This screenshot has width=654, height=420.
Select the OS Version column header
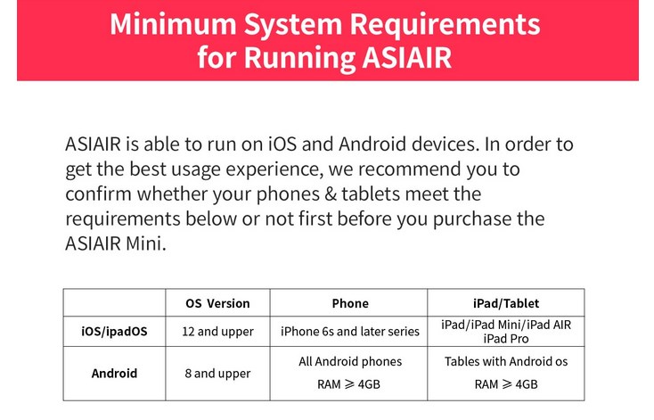(217, 303)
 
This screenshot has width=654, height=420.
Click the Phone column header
(350, 303)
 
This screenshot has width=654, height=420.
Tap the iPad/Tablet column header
(506, 303)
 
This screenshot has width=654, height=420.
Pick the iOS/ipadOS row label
(115, 332)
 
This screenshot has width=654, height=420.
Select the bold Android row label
(115, 373)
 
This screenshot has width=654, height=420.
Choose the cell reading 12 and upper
(217, 332)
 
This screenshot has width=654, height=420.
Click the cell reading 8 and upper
(217, 373)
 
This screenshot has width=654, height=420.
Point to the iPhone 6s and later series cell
(350, 332)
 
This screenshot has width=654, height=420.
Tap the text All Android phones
(350, 361)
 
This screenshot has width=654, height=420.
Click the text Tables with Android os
(506, 361)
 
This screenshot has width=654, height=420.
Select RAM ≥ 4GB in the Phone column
(350, 384)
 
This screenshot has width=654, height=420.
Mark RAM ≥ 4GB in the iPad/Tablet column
(506, 384)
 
